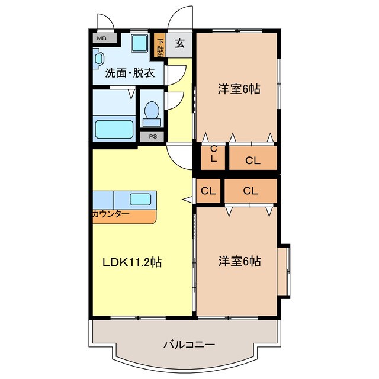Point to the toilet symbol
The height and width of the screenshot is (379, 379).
(152, 112)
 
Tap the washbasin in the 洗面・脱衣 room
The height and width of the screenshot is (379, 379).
(98, 58)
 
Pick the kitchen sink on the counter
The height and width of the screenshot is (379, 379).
(141, 199)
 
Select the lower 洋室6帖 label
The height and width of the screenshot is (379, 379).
(239, 261)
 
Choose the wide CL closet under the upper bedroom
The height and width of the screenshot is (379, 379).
(253, 159)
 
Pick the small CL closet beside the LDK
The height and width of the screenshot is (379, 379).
(207, 191)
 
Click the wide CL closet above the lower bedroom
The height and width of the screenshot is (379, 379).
(250, 191)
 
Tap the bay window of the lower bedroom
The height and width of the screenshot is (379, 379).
(284, 269)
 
